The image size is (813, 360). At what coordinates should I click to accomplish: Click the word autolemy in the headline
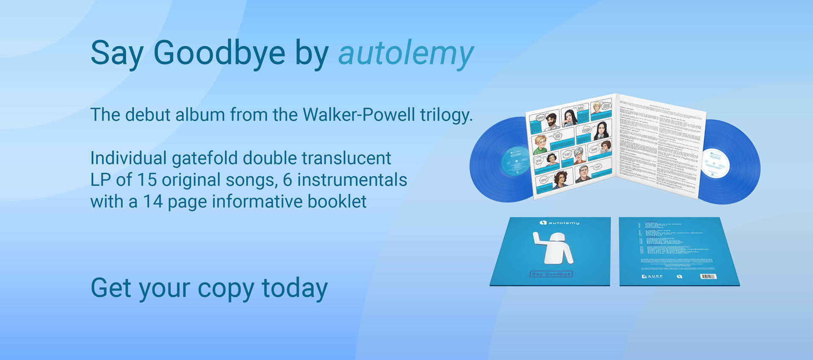[x=406, y=54]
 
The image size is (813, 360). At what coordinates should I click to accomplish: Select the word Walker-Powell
[x=359, y=115]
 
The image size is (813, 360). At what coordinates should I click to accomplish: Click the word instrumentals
[x=352, y=180]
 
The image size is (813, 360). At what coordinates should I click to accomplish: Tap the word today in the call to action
[x=295, y=288]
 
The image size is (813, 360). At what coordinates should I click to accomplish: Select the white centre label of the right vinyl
[x=716, y=163]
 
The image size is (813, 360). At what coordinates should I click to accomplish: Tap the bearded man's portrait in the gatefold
[x=550, y=122]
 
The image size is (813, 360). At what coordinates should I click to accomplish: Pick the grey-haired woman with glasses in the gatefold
[x=578, y=155]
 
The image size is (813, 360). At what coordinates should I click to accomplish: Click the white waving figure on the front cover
[x=552, y=247]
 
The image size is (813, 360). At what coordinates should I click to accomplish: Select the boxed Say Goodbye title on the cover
[x=551, y=274]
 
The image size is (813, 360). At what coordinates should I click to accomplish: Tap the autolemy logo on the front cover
[x=559, y=223]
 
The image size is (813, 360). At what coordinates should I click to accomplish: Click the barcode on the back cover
[x=708, y=277]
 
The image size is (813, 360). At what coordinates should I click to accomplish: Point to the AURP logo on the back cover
[x=652, y=276]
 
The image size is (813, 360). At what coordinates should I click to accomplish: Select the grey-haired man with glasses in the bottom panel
[x=583, y=174]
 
